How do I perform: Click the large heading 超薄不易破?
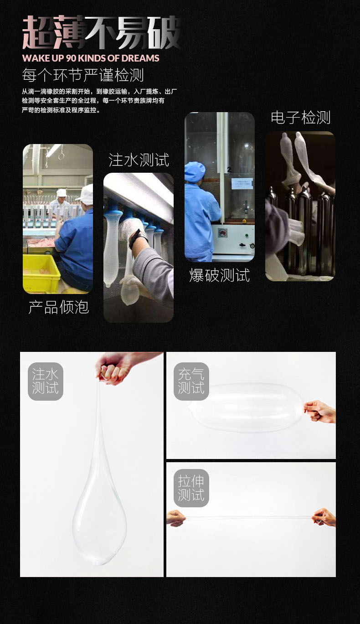101,33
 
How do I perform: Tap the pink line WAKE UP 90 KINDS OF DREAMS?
91,58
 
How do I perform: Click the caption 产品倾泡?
58,307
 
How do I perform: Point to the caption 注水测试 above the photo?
139,160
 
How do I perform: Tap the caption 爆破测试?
219,275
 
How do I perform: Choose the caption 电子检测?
300,118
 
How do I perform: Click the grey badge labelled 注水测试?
46,382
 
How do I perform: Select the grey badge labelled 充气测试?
191,382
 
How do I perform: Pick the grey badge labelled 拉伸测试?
191,488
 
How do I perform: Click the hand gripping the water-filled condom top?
112,368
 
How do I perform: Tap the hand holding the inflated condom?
320,411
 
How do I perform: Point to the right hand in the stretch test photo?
324,517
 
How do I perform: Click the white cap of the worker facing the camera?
61,193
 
